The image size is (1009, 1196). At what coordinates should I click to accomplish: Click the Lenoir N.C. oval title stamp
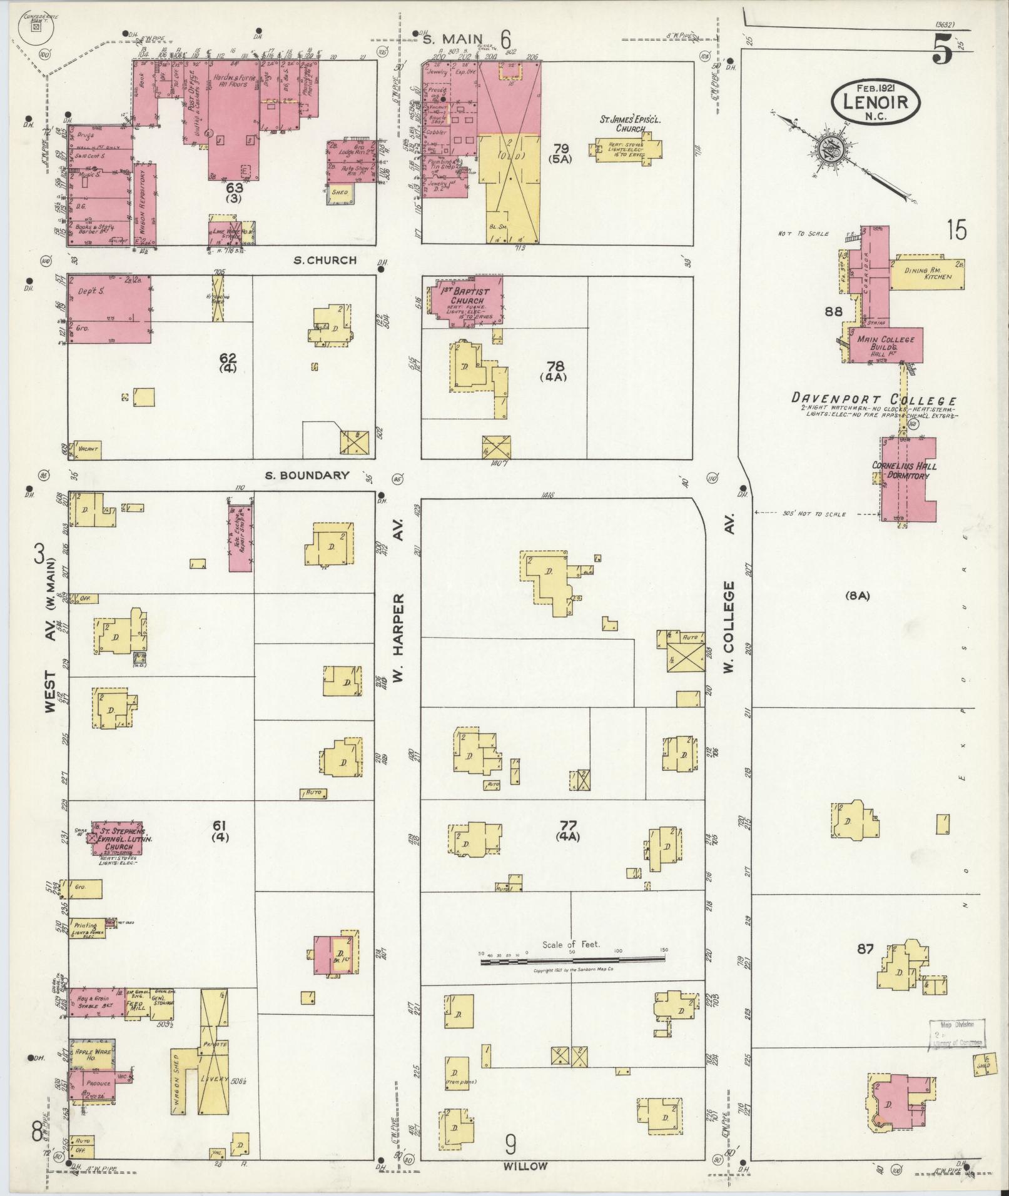(876, 103)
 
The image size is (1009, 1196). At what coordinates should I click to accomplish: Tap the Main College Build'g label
(885, 344)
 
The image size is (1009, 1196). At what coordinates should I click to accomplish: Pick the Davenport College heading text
(874, 400)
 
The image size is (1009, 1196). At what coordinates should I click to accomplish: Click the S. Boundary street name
(307, 475)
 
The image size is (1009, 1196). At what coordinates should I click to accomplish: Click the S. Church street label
(325, 260)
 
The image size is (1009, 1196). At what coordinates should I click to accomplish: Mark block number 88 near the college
(833, 311)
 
